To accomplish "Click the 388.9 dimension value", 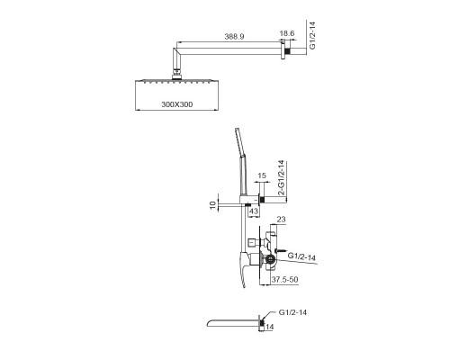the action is pyautogui.click(x=234, y=37).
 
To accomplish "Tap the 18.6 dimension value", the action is pyautogui.click(x=287, y=33).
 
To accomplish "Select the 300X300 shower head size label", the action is pyautogui.click(x=177, y=104).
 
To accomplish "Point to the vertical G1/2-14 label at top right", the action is pyautogui.click(x=312, y=35).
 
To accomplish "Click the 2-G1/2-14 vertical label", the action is pyautogui.click(x=281, y=178).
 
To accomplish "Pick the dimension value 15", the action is pyautogui.click(x=262, y=175).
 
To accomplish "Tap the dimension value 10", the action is pyautogui.click(x=212, y=205).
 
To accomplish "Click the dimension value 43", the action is pyautogui.click(x=254, y=211).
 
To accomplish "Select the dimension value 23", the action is pyautogui.click(x=281, y=220).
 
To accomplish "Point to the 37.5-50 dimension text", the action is pyautogui.click(x=284, y=280).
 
